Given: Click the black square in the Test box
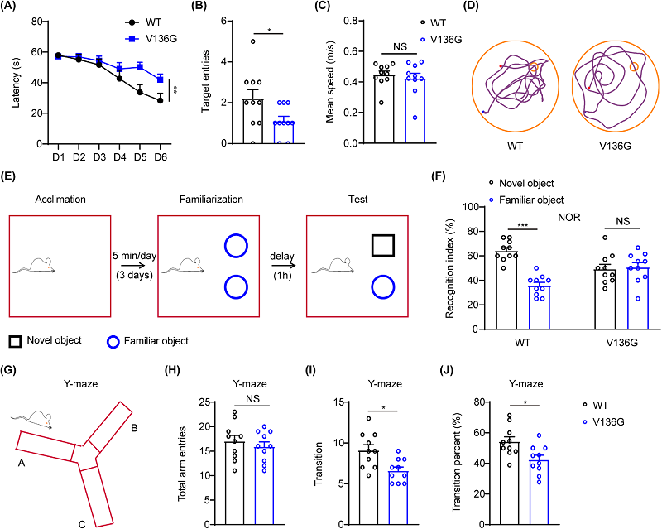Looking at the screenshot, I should [x=383, y=246].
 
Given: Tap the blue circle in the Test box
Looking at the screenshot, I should [x=383, y=287].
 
